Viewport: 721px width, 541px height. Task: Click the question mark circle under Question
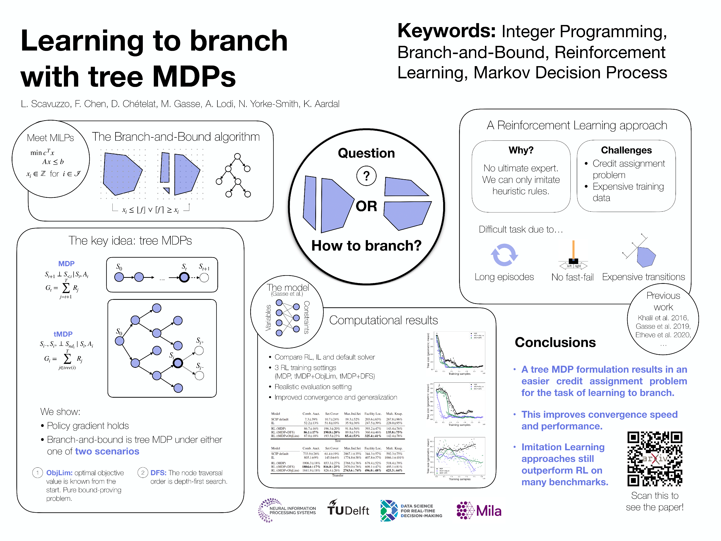[x=366, y=176]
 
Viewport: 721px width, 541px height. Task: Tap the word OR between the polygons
[x=366, y=206]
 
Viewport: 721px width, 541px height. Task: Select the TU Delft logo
[x=348, y=508]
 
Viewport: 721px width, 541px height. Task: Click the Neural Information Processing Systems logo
[x=287, y=510]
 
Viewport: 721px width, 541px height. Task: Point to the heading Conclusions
[x=555, y=342]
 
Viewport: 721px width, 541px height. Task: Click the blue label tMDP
[x=63, y=334]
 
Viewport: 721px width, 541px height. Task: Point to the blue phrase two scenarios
[x=107, y=451]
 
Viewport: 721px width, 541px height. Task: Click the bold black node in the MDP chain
[x=184, y=277]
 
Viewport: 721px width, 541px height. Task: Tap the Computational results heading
[x=383, y=320]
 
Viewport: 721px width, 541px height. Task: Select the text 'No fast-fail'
[x=572, y=277]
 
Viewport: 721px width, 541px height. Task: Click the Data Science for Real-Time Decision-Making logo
[x=411, y=511]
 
